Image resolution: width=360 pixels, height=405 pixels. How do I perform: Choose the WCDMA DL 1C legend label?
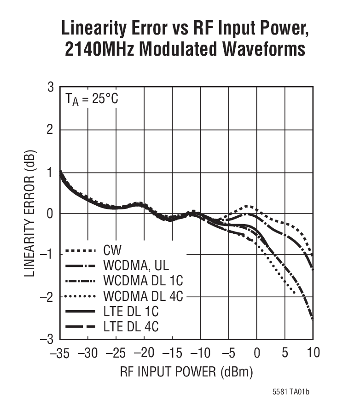pyautogui.click(x=140, y=281)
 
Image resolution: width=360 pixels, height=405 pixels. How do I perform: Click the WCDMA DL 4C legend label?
pyautogui.click(x=140, y=296)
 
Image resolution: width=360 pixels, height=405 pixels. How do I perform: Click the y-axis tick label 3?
pyautogui.click(x=50, y=87)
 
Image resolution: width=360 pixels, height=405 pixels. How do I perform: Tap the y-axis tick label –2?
pyautogui.click(x=47, y=297)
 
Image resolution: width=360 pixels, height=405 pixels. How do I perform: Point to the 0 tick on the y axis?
pyautogui.click(x=50, y=214)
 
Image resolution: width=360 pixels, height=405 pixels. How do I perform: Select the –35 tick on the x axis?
pyautogui.click(x=59, y=353)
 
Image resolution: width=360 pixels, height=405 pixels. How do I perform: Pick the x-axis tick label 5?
pyautogui.click(x=285, y=353)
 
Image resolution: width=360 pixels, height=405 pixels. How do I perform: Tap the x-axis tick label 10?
pyautogui.click(x=313, y=353)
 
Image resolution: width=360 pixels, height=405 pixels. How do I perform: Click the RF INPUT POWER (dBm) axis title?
pyautogui.click(x=186, y=372)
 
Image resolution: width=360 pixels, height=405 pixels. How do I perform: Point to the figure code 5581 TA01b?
pyautogui.click(x=290, y=392)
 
